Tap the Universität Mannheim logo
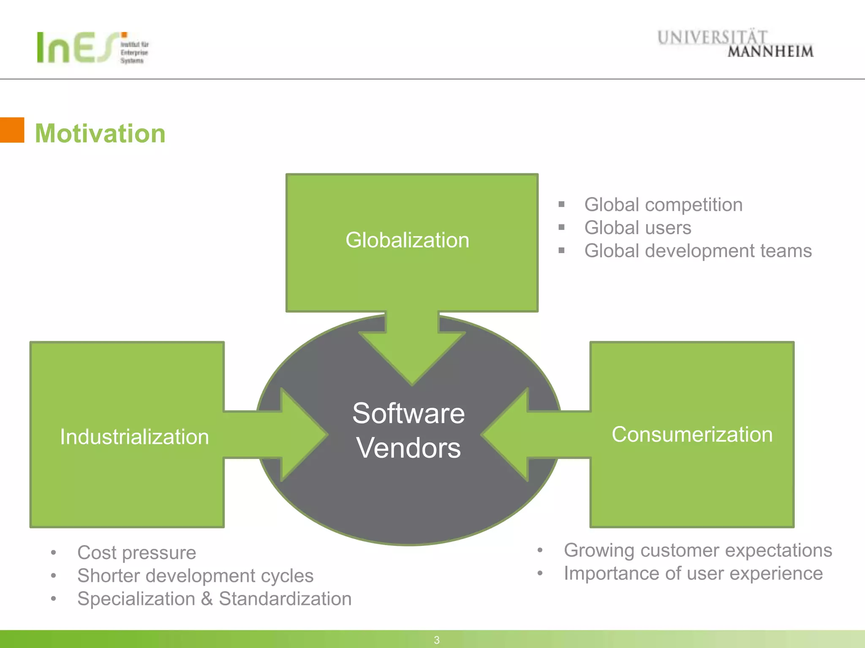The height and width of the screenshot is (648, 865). tap(735, 43)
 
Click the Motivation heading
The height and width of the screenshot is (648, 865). tap(100, 133)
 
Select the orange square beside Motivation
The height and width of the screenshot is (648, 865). tap(12, 130)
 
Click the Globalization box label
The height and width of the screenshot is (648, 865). tap(407, 240)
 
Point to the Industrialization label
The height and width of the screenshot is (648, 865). tap(134, 437)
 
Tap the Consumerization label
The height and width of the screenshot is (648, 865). tap(692, 435)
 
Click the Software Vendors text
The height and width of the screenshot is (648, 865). tap(408, 430)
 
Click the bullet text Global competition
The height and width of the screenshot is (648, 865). tap(663, 205)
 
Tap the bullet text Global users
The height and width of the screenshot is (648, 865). tap(638, 228)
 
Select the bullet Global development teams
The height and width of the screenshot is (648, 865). tap(698, 251)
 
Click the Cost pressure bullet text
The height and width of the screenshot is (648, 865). tap(136, 553)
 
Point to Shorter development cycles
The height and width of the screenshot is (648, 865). tap(195, 576)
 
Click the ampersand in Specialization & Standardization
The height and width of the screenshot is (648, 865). tap(207, 599)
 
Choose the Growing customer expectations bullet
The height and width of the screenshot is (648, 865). tap(698, 551)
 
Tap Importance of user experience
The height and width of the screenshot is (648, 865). tap(693, 574)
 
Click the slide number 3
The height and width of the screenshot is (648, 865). tap(437, 640)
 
